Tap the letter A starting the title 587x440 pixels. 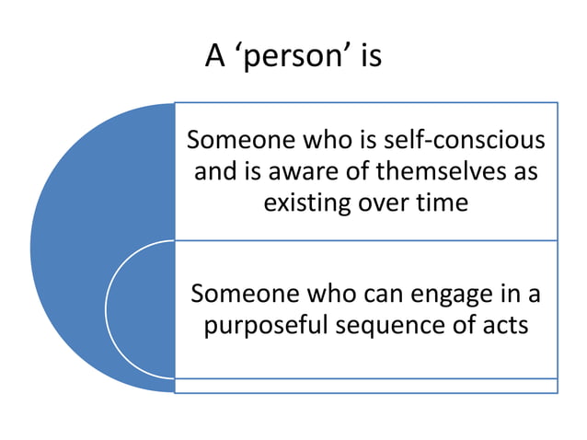[214, 56]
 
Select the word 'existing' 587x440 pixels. [307, 202]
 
